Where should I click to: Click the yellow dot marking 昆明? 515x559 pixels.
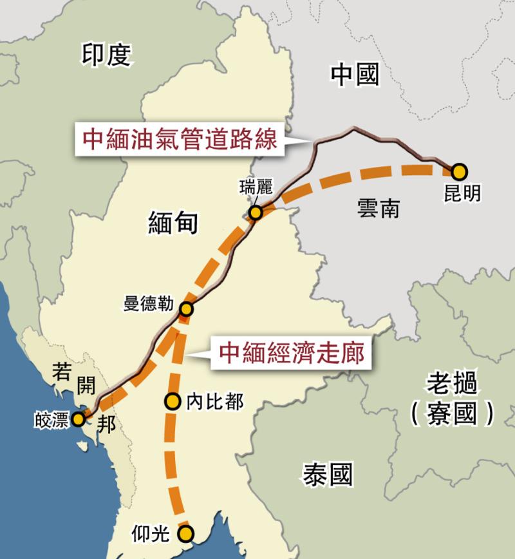459,172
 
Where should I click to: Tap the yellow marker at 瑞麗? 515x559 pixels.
256,213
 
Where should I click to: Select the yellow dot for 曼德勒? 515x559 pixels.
186,310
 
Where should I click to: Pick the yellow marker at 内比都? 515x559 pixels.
172,402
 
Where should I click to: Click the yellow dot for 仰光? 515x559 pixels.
186,533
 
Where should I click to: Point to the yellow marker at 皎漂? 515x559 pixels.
78,419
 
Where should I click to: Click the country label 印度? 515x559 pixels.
106,55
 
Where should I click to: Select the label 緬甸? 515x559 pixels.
173,223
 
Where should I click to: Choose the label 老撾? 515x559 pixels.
453,385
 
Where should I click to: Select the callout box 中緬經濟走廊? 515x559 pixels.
292,353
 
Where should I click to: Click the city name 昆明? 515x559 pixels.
462,193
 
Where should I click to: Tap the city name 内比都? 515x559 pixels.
215,403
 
